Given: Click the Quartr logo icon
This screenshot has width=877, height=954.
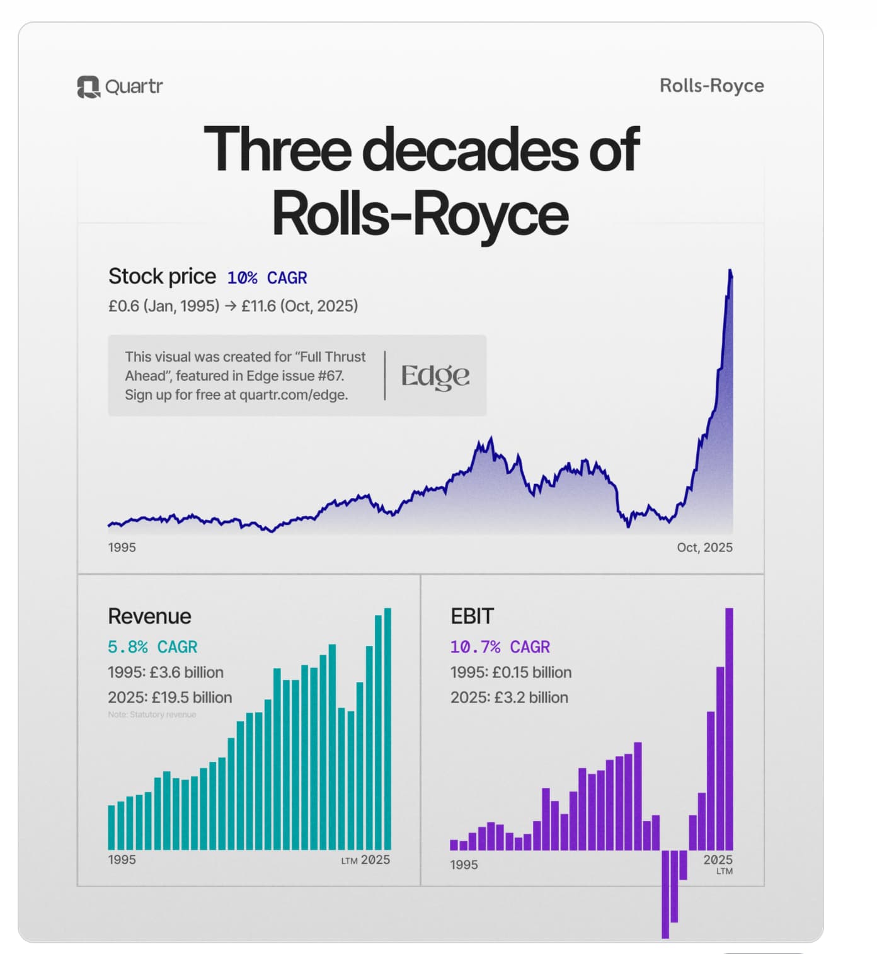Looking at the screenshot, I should point(88,87).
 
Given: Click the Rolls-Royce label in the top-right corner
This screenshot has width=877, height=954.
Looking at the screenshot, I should point(711,86).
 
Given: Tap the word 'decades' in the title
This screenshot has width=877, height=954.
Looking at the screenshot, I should point(470,149).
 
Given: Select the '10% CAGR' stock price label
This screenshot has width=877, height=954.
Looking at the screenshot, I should point(267,278).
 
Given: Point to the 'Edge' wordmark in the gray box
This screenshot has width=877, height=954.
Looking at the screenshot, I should point(435,376).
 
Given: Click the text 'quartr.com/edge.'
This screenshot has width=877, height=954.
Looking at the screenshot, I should point(294,395).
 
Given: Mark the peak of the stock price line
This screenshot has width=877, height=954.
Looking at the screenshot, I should point(730,272).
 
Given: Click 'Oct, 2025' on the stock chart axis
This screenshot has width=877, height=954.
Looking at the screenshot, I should point(704,548).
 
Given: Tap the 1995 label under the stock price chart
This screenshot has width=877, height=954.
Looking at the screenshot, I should point(122,548).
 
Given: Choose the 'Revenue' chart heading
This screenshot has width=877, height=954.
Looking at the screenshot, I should point(149,616).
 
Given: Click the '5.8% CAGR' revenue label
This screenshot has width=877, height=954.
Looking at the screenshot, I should point(152,647).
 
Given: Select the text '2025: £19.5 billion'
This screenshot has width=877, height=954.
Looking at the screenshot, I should point(169,698).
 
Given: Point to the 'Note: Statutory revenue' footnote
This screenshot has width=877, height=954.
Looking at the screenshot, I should point(152,715).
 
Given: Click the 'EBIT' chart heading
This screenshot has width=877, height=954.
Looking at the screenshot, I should point(472,616).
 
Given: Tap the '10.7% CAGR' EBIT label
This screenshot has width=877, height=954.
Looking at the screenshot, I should point(500,647).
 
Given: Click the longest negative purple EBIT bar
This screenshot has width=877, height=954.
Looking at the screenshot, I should point(665,894).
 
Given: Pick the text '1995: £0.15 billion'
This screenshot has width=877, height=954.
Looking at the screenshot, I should point(510,672).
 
